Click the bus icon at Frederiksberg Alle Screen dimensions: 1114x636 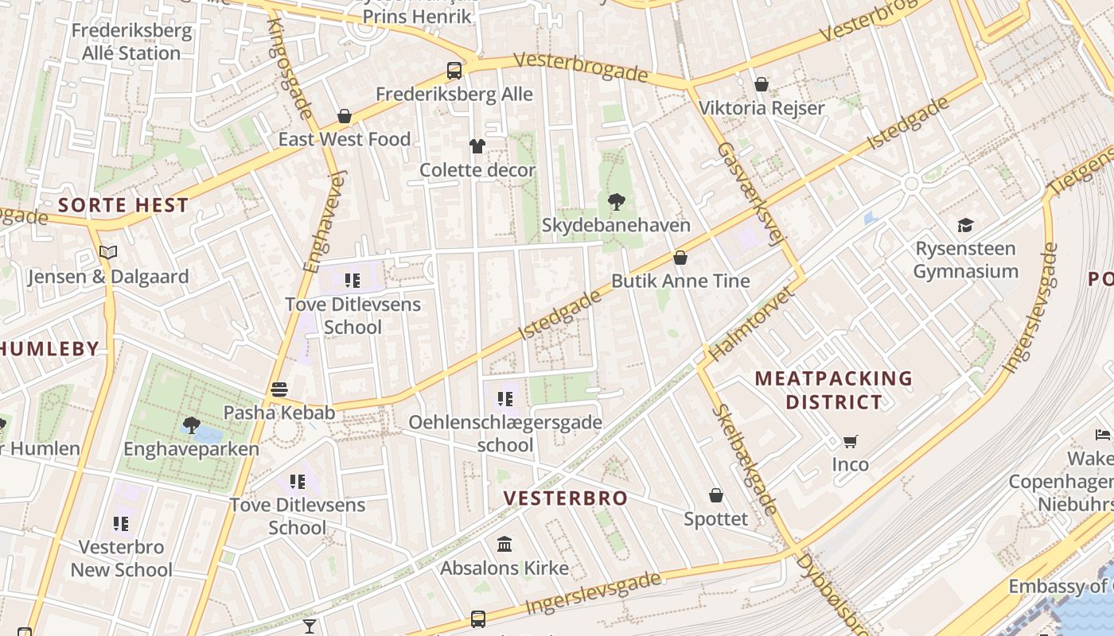[x=454, y=70]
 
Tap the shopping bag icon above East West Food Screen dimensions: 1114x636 [x=345, y=116]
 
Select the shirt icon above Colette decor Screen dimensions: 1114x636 [x=477, y=145]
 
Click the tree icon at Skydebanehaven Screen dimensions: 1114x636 [x=616, y=201]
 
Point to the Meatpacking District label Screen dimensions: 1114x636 [x=833, y=390]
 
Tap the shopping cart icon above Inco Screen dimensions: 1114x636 [x=851, y=440]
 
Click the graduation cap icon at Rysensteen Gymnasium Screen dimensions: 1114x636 [x=965, y=225]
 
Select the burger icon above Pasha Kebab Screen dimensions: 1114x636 [x=279, y=390]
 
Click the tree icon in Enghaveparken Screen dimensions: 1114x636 [x=191, y=425]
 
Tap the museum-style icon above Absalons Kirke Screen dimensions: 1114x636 [x=504, y=545]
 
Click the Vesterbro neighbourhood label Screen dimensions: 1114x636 [x=566, y=498]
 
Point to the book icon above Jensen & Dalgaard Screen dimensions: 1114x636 [x=108, y=253]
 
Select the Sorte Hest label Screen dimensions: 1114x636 [x=123, y=205]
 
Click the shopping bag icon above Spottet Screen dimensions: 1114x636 [x=716, y=495]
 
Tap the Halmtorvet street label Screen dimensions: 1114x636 [x=751, y=324]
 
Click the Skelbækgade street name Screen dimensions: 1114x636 [x=746, y=460]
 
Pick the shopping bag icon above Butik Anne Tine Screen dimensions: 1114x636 [x=680, y=258]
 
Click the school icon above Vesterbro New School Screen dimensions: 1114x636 [x=121, y=523]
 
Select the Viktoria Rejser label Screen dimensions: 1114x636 [x=761, y=108]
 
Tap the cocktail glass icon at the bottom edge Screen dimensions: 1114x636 [x=310, y=626]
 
